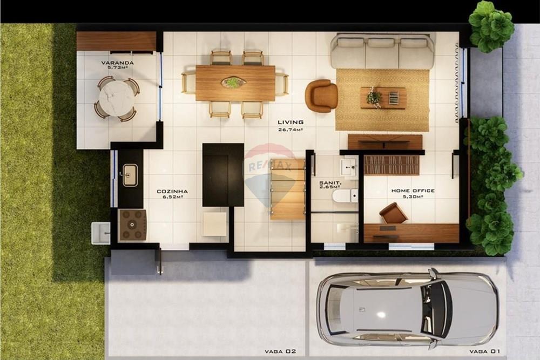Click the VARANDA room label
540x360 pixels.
(x=117, y=63)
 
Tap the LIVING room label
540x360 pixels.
(x=291, y=122)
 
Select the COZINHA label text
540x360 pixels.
(x=172, y=192)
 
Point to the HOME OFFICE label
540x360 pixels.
(x=413, y=191)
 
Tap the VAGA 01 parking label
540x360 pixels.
(x=484, y=351)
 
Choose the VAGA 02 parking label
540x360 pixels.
(x=280, y=351)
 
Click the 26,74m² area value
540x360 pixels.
(x=291, y=130)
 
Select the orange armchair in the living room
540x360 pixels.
(x=321, y=96)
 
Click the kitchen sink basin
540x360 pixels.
(x=130, y=175)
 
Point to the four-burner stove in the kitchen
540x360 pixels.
(x=132, y=225)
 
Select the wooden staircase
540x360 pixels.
(x=288, y=189)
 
